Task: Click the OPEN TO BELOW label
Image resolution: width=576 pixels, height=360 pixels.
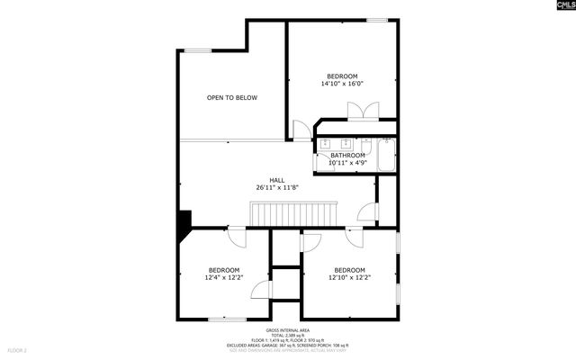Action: tap(232, 97)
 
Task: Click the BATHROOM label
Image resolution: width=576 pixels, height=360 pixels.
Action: tap(347, 156)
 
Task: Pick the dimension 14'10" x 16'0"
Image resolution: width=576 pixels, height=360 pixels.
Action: tap(342, 84)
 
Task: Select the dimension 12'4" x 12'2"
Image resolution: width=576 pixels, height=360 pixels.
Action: tap(224, 278)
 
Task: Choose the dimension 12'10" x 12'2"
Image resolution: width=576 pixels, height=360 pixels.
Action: tap(349, 278)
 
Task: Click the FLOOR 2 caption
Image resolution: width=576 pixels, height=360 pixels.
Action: tap(18, 349)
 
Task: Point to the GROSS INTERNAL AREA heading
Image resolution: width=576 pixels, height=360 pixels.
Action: tap(288, 330)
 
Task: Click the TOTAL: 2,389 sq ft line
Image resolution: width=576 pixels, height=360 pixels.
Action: tap(288, 336)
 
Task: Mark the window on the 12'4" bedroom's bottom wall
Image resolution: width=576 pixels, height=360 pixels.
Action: tap(227, 319)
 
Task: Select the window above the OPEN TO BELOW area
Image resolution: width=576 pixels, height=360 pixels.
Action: tap(198, 50)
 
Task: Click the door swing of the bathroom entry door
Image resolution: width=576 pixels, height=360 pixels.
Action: tap(304, 130)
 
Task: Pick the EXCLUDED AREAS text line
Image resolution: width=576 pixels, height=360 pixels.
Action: tap(288, 346)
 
